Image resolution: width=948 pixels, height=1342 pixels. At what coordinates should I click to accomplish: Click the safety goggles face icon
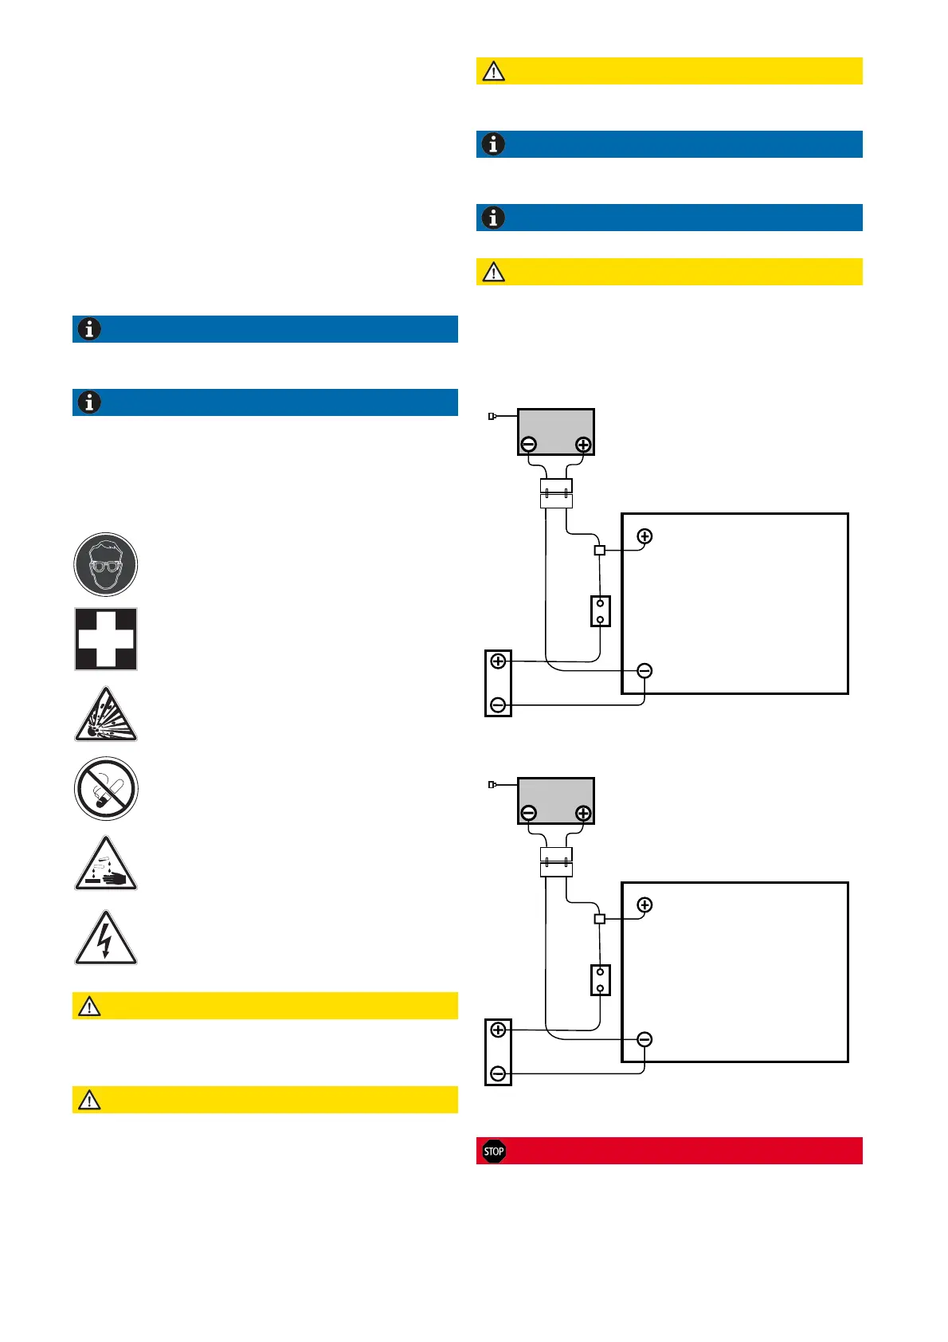[x=106, y=565]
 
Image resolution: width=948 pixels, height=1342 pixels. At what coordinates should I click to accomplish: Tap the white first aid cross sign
[x=106, y=639]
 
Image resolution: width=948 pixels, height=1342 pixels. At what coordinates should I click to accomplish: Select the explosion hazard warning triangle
[x=106, y=716]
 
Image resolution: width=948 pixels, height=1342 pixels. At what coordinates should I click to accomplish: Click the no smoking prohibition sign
[x=106, y=789]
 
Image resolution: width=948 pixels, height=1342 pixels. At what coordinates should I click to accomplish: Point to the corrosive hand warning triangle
[x=106, y=865]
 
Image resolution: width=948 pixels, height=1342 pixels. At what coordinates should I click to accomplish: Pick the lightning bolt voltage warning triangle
[x=106, y=940]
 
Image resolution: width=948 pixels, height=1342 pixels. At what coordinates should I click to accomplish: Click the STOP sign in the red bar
[x=494, y=1151]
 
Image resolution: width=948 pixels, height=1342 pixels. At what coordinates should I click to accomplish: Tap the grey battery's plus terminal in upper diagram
[x=583, y=445]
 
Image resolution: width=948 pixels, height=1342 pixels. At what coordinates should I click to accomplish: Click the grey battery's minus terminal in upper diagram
[x=528, y=445]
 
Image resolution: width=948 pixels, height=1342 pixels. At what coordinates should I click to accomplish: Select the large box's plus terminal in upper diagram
[x=644, y=536]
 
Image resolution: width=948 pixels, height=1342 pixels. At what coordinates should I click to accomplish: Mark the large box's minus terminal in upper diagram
[x=644, y=671]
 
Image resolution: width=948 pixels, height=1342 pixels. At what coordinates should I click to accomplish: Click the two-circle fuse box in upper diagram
[x=601, y=611]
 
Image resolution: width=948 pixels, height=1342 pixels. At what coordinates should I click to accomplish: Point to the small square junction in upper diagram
[x=600, y=550]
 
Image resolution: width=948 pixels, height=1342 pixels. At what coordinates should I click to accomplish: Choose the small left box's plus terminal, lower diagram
[x=499, y=1030]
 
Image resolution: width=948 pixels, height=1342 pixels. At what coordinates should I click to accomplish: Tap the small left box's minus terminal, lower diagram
[x=499, y=1073]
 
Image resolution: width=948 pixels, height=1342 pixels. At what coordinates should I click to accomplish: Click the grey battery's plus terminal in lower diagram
[x=583, y=814]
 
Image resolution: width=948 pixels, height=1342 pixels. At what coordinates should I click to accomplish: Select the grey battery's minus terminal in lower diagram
[x=528, y=814]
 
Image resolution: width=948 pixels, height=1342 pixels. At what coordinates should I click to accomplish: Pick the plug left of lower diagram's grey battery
[x=492, y=785]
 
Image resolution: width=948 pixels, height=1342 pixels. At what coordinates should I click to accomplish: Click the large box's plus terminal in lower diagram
[x=644, y=905]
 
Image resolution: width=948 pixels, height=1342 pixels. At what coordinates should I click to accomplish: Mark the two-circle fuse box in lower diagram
[x=601, y=980]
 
